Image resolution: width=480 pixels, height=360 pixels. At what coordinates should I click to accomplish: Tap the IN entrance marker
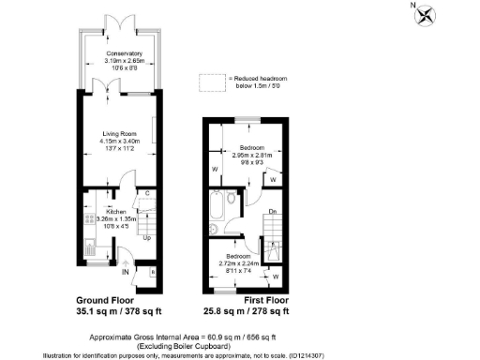[x=125, y=272]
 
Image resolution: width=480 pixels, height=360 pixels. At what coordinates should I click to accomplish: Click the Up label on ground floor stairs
[x=145, y=237]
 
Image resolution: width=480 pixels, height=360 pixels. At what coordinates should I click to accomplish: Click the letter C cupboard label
[x=147, y=194]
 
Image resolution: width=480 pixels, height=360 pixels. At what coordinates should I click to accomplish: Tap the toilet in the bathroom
[x=214, y=228]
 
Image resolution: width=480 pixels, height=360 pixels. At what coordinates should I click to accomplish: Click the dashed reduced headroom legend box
[x=213, y=82]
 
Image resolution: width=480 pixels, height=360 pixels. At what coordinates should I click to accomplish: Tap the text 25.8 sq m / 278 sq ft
[x=248, y=310]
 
